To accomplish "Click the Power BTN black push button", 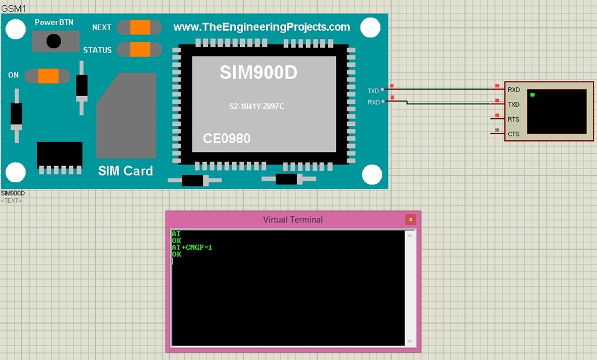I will tap(54, 41).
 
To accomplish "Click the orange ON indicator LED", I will tap(48, 76).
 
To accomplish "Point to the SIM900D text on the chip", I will tap(258, 73).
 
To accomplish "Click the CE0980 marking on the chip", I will tap(227, 139).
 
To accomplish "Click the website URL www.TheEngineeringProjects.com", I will tap(262, 27).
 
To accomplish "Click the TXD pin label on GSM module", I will tap(373, 91).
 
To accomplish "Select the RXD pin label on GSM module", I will tap(373, 103).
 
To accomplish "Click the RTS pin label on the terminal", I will tap(513, 119).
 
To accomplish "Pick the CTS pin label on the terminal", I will tap(513, 134).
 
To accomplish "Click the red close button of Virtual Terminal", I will tap(410, 220).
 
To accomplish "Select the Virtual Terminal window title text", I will tap(293, 220).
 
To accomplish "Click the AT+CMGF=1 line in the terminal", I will tap(192, 248).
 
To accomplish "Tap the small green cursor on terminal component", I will tap(532, 94).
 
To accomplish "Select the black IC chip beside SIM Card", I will tap(59, 154).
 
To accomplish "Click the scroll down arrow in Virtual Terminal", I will tap(410, 341).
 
